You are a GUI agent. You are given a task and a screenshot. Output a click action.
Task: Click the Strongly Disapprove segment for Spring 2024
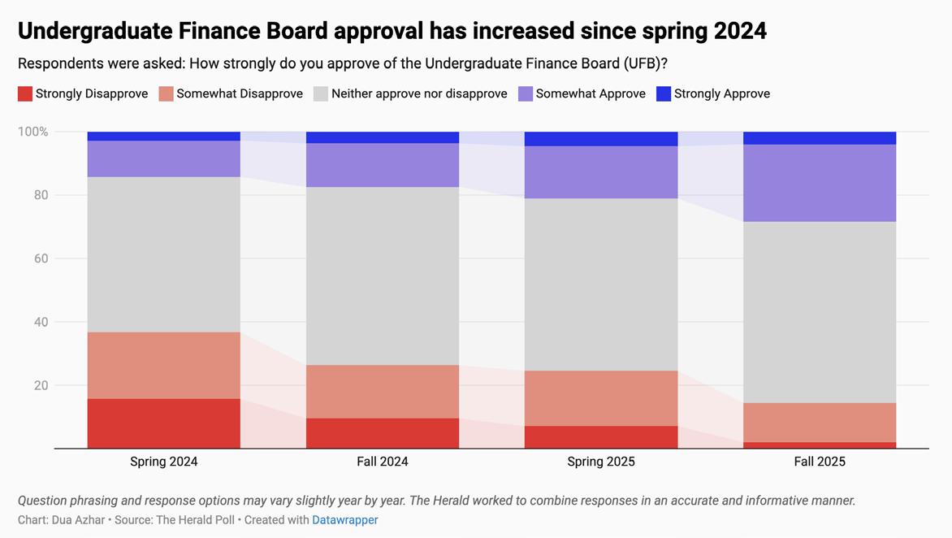164,423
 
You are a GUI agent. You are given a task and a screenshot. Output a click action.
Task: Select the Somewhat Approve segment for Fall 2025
820,183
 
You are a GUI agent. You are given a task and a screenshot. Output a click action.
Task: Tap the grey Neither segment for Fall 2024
383,276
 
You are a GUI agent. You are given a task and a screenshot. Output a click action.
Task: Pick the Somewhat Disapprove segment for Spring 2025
601,398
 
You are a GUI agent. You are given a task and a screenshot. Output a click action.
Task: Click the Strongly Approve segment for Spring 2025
601,139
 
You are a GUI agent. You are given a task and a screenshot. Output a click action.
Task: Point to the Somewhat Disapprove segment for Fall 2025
820,423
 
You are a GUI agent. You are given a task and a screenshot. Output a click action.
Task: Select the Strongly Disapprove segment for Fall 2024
383,433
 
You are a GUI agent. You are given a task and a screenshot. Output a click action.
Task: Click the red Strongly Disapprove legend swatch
25,94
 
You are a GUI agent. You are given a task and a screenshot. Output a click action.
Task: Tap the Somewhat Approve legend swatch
526,94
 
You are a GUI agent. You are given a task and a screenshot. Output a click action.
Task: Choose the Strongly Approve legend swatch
664,94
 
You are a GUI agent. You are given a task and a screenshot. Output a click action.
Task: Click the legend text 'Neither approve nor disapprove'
419,94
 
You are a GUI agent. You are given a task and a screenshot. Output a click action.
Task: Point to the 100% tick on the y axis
33,132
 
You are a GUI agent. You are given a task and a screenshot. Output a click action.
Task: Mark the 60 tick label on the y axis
40,258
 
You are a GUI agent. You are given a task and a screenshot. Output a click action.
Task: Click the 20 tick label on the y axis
40,385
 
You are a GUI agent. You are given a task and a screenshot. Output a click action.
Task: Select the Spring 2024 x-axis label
164,462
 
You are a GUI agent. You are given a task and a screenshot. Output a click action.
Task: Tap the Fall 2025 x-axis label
820,462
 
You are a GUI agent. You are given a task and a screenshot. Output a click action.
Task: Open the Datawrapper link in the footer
345,520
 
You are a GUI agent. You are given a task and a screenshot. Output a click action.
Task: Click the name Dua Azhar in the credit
78,520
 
